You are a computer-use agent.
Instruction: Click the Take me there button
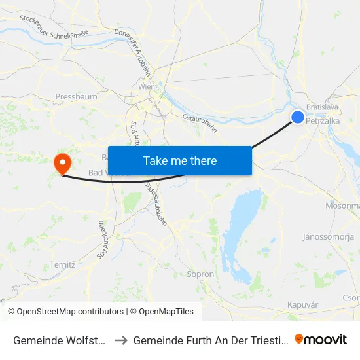click(180, 160)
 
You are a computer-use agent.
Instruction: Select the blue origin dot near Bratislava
click(298, 117)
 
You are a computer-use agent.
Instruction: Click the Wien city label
click(146, 86)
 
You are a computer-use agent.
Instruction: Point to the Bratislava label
click(325, 106)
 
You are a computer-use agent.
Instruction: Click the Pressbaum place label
click(77, 97)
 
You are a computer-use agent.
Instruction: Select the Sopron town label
click(200, 274)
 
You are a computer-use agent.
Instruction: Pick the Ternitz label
click(63, 264)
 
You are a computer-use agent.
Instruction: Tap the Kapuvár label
click(302, 305)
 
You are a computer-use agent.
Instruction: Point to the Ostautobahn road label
click(200, 123)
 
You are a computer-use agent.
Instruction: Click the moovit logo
click(321, 340)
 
